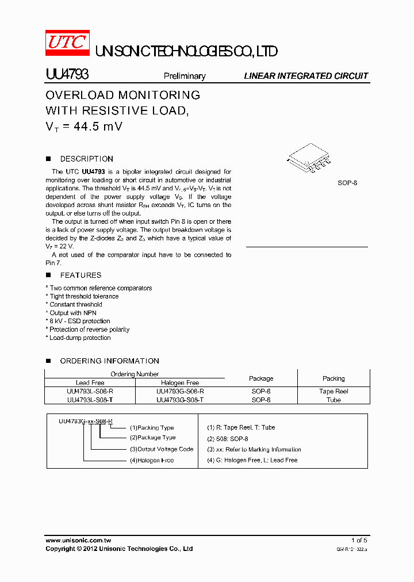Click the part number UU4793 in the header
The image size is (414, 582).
[x=67, y=75]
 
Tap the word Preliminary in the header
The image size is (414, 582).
[x=185, y=76]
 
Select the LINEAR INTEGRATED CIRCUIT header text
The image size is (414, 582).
[x=306, y=76]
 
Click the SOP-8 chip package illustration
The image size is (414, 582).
[x=308, y=159]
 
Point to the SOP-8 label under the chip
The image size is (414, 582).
[x=347, y=183]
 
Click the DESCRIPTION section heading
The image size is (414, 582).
[x=86, y=159]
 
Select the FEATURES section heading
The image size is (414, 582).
[x=80, y=275]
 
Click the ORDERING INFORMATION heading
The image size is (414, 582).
[x=109, y=361]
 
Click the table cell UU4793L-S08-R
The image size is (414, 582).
[x=90, y=391]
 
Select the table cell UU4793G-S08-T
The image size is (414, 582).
[x=180, y=400]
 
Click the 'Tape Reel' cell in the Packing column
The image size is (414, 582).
[x=333, y=391]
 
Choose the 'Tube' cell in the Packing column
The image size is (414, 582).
[x=333, y=400]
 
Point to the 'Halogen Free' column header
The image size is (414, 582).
[x=180, y=382]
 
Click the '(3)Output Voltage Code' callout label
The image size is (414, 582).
[x=162, y=449]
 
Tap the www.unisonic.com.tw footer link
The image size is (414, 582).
[x=78, y=540]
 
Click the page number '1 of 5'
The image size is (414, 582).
[x=359, y=540]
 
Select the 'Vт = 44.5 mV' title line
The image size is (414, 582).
[x=84, y=127]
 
